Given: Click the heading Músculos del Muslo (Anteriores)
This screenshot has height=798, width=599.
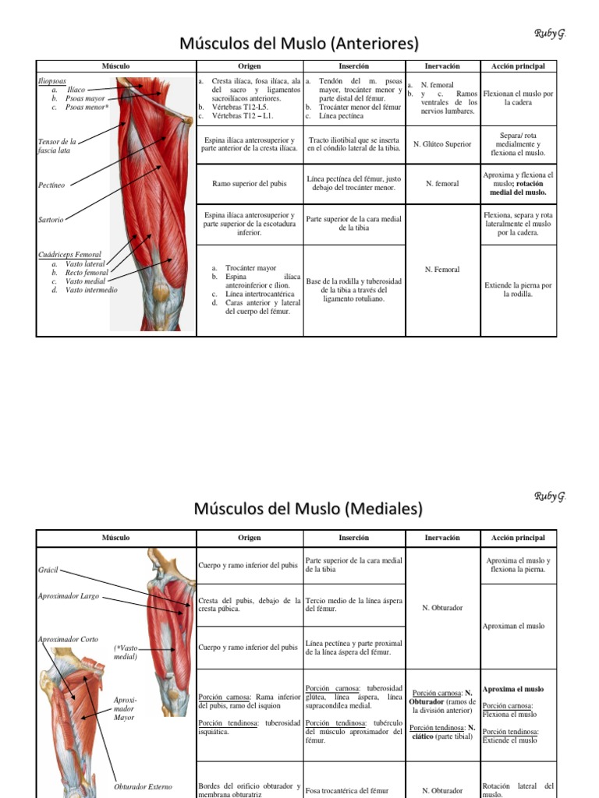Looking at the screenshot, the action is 299,43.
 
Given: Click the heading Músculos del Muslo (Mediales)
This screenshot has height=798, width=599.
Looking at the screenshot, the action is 299,510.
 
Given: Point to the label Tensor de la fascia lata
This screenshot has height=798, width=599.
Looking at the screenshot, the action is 58,146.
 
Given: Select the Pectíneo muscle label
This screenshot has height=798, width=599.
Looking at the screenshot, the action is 52,185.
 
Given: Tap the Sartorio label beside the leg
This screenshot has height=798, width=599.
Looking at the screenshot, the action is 51,220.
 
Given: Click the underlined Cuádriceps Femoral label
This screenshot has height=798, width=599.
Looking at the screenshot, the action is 71,255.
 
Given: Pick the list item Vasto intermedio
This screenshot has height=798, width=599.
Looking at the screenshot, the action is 91,290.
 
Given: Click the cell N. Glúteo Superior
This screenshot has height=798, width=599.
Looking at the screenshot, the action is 442,143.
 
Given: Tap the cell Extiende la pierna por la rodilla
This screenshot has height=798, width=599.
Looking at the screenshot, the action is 518,290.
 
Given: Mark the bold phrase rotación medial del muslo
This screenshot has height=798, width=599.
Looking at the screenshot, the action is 518,192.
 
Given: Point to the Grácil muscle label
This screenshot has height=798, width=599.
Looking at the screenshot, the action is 48,570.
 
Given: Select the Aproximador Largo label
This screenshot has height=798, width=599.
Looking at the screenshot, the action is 69,596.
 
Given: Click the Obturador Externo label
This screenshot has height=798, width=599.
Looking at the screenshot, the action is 143,786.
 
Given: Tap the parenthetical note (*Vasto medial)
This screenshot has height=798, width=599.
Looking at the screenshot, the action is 126,651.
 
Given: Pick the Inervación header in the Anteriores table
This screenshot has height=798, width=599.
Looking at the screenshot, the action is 442,66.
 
